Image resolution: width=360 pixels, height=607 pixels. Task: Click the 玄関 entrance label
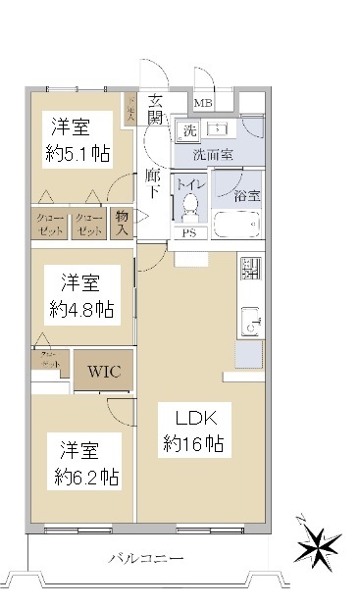click(x=157, y=108)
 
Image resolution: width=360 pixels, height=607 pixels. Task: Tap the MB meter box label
click(x=204, y=103)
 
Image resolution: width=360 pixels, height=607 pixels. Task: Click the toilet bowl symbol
click(x=188, y=208)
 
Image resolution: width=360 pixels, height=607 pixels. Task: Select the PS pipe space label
click(x=188, y=232)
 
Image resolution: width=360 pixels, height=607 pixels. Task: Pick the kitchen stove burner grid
click(x=249, y=267)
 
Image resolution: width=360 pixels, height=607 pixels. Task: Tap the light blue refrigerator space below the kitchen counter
click(x=248, y=354)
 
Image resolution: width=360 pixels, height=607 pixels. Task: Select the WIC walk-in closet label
click(x=105, y=372)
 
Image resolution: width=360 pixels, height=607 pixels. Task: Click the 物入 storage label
click(x=123, y=223)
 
